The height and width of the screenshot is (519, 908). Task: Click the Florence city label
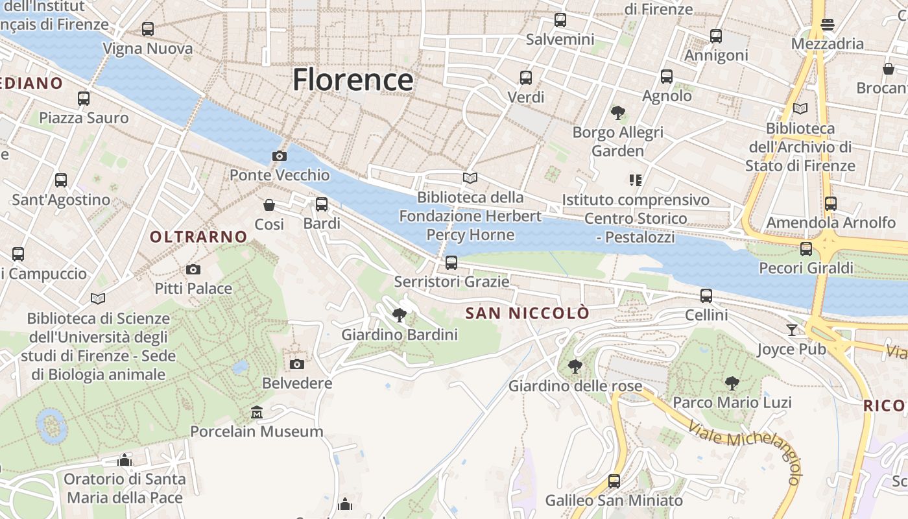coord(353,80)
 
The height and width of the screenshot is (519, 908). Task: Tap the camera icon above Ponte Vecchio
coord(280,156)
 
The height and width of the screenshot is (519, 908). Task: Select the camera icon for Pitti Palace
coord(193,269)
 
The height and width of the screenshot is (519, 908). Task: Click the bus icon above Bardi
coord(322,204)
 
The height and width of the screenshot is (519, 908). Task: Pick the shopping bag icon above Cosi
coord(269,205)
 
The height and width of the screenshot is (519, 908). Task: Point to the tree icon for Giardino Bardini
coord(400,315)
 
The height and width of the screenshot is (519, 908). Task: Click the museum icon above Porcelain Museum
coord(257,413)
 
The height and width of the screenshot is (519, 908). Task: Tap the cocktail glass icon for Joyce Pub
coord(791,330)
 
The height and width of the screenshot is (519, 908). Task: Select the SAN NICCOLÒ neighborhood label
coord(527,313)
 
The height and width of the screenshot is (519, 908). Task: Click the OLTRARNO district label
coord(198,237)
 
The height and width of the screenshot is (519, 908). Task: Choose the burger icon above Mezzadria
coord(828,25)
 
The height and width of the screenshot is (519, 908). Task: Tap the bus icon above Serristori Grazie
coord(451,263)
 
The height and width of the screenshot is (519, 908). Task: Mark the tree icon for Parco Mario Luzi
coord(732,383)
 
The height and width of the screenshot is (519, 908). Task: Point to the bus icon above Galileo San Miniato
coord(614,481)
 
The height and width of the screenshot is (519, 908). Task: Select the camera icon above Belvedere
coord(297,364)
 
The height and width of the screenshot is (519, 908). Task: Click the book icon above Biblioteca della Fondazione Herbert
coord(470,178)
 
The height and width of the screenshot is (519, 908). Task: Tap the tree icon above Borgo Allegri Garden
coord(617,113)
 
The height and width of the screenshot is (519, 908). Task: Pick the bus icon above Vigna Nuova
coord(148,29)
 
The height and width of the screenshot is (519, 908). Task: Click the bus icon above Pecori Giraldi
coord(806,248)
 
